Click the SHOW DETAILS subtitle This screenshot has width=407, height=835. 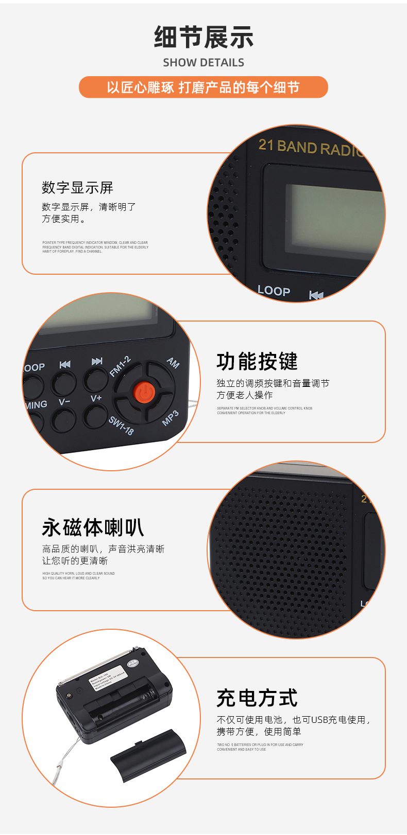(203, 63)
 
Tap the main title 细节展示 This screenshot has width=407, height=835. (203, 37)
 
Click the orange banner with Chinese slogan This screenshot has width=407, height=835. (203, 87)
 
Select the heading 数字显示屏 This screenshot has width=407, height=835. (77, 188)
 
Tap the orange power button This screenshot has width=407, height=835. (144, 393)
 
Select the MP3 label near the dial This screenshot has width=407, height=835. (171, 418)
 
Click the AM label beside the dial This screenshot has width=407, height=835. (173, 363)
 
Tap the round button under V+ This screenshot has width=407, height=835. (96, 416)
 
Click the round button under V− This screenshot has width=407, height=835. (63, 419)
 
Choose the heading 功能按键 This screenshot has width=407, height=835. (257, 362)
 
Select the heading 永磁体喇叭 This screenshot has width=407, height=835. (93, 528)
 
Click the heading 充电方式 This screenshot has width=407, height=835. (257, 698)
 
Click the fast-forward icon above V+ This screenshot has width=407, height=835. (97, 362)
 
